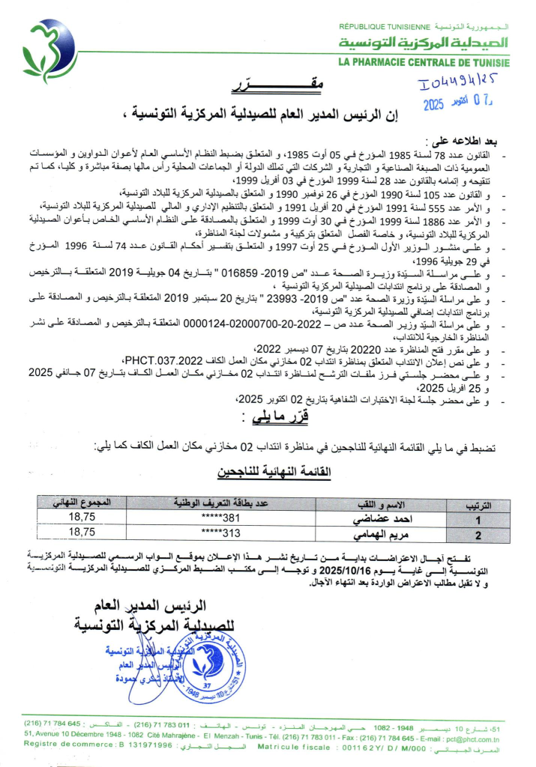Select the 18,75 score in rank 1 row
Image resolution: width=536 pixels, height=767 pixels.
(x=82, y=518)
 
